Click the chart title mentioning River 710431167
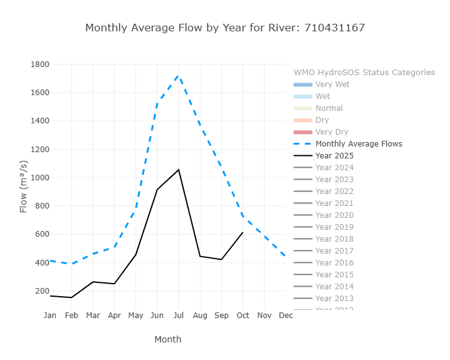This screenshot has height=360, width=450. click(x=225, y=28)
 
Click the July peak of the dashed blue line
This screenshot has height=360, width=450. click(x=179, y=76)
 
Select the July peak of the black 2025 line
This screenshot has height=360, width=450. click(x=179, y=170)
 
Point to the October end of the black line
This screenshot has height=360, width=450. click(x=243, y=232)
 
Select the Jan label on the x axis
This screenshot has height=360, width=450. click(x=50, y=316)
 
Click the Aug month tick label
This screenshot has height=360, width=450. click(x=200, y=316)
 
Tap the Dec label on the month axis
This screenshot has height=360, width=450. click(x=285, y=316)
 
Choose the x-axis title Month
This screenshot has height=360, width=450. click(x=168, y=339)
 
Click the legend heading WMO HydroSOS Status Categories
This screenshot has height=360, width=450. click(x=364, y=73)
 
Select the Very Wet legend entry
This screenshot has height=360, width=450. click(x=332, y=85)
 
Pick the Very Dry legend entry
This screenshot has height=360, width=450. click(x=332, y=132)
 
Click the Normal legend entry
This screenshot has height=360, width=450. click(x=329, y=108)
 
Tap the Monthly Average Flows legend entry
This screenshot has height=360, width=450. click(x=358, y=144)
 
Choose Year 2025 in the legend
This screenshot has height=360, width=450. click(x=335, y=156)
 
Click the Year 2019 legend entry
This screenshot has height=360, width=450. click(x=335, y=227)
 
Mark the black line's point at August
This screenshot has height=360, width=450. click(x=200, y=256)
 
